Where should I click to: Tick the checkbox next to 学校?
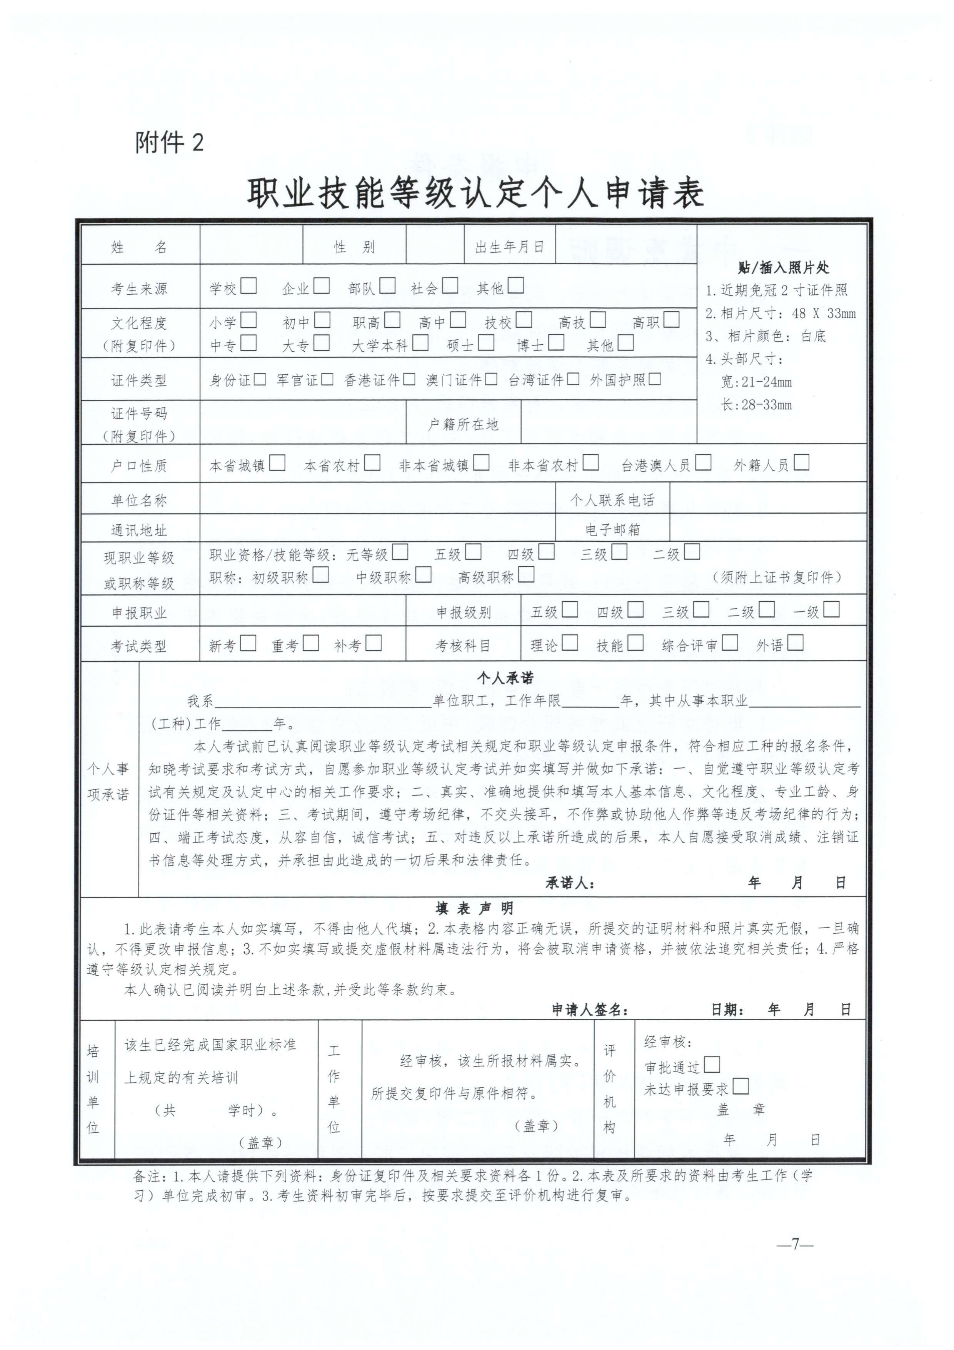249,286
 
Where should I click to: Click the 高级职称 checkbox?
526,574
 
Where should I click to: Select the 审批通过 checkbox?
712,1064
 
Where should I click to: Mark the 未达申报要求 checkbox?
741,1086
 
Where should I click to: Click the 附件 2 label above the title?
169,142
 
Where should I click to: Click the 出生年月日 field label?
509,247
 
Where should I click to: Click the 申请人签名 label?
590,1010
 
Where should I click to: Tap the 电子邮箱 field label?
612,529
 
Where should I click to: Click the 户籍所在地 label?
463,424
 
